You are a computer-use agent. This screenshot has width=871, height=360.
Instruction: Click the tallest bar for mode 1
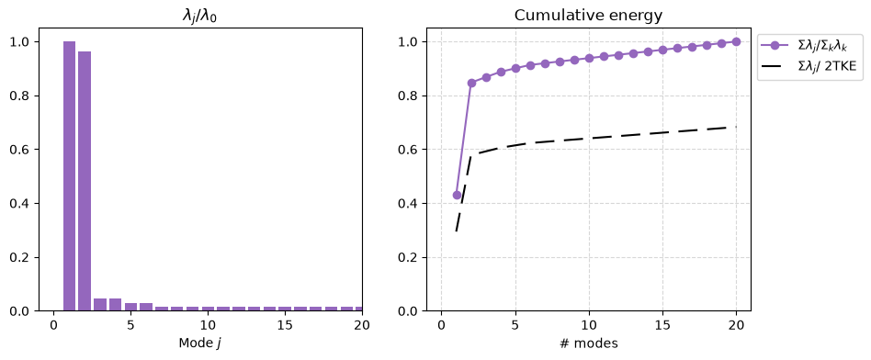69,176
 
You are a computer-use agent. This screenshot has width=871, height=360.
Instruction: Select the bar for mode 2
85,181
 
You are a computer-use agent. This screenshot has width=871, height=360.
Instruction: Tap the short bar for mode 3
100,305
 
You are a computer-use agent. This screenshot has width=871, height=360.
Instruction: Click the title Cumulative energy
588,16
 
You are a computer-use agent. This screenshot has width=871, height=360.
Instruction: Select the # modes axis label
588,343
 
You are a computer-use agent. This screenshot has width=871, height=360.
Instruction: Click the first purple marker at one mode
457,195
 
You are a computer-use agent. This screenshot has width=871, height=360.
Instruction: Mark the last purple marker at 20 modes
737,41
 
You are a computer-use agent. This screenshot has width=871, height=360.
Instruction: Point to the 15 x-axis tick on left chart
285,324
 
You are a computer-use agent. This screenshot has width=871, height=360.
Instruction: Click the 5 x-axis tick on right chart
515,324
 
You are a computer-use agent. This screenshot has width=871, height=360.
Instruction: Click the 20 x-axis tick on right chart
737,324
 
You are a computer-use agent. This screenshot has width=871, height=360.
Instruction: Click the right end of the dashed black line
737,128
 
